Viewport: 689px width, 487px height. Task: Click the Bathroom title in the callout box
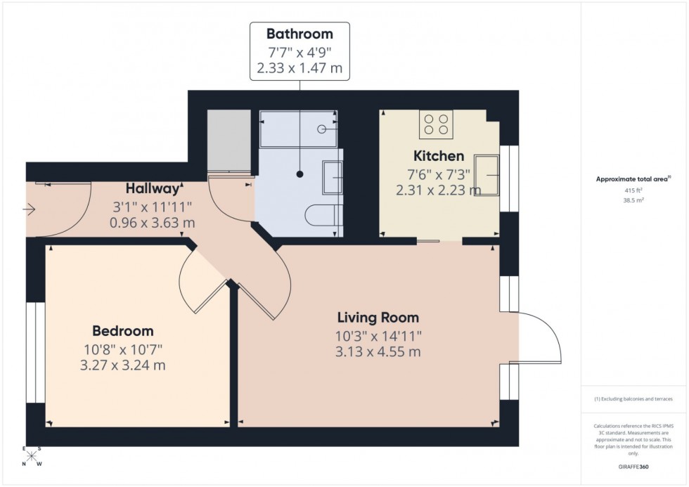tap(300, 33)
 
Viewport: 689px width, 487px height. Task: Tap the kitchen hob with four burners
tap(437, 124)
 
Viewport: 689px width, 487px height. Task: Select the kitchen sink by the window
tap(487, 174)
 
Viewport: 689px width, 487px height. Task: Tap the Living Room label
tap(378, 318)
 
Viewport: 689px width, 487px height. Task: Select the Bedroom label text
tap(123, 331)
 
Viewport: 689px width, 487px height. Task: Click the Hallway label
tap(154, 188)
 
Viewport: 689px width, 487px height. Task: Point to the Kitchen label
tap(438, 156)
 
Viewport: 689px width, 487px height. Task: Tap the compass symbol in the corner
tap(32, 456)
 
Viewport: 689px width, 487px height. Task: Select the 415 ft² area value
tap(635, 190)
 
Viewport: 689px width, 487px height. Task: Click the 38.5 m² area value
tap(635, 200)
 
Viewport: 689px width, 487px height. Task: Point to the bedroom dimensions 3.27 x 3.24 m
tap(123, 365)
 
